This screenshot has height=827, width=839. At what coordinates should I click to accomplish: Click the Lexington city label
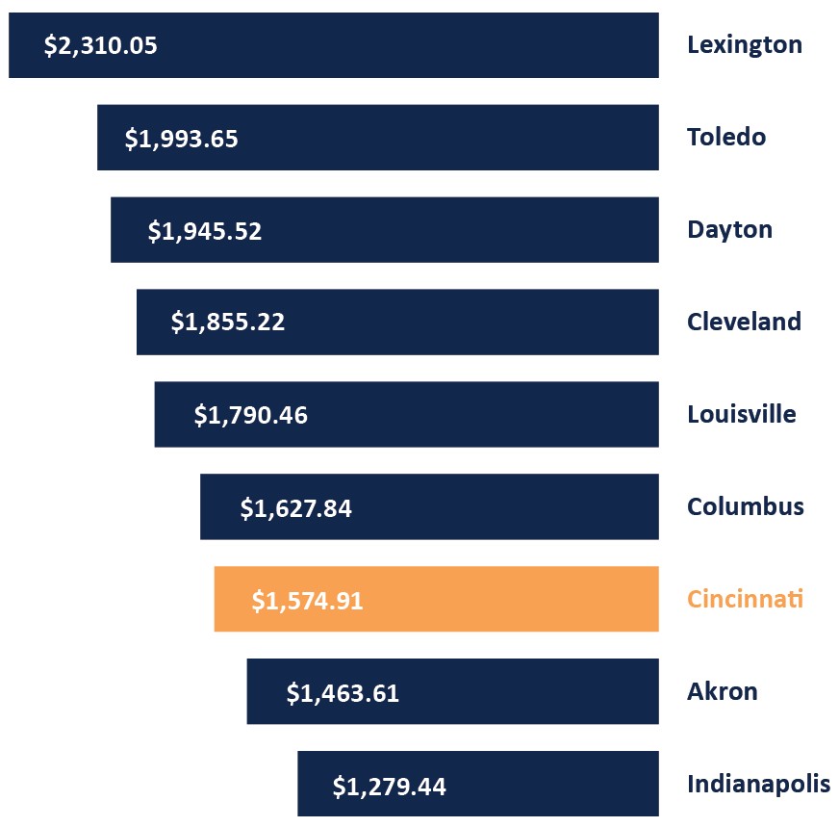(x=744, y=45)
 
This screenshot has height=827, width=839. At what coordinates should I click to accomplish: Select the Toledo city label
(x=726, y=138)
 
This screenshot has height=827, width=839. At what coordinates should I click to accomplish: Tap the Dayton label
(x=729, y=230)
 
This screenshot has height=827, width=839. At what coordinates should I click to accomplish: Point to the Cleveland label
(x=744, y=322)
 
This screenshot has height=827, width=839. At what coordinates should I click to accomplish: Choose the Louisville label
(x=741, y=415)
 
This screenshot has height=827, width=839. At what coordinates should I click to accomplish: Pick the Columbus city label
(x=745, y=506)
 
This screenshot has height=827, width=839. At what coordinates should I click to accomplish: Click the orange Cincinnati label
(x=745, y=599)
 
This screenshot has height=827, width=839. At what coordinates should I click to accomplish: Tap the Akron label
(x=722, y=691)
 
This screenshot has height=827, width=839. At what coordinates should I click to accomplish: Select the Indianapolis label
(x=758, y=785)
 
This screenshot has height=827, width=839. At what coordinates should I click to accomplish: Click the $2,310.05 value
(x=100, y=45)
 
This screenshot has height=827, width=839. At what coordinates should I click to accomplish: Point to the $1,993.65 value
(x=181, y=139)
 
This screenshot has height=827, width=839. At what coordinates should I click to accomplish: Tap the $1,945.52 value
(x=204, y=231)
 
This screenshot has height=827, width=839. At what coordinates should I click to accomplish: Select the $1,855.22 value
(x=228, y=323)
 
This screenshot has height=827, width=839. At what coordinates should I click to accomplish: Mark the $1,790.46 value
(x=250, y=415)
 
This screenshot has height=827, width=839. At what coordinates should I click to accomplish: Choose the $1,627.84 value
(x=295, y=507)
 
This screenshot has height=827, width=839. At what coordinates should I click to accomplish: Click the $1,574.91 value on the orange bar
(x=307, y=601)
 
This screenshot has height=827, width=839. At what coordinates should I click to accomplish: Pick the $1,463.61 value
(x=343, y=693)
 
